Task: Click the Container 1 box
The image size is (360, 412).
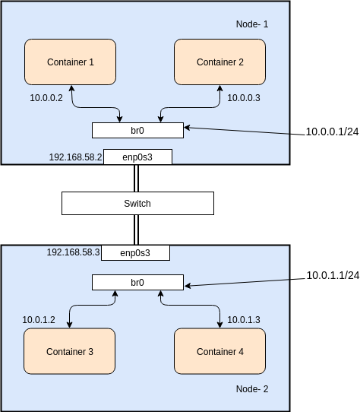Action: (70, 62)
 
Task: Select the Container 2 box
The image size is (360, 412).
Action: (220, 62)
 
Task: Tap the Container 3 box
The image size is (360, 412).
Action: (70, 351)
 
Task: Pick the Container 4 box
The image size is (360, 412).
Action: (220, 351)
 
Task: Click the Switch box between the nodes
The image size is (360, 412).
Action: (137, 203)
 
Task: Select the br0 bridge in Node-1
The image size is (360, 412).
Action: (137, 131)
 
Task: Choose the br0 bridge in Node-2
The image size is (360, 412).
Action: (137, 282)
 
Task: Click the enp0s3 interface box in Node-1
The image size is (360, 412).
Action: (137, 157)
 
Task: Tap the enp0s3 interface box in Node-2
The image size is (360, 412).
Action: (135, 252)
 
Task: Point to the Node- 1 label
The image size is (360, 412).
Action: (252, 25)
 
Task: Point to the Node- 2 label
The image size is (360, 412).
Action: (252, 388)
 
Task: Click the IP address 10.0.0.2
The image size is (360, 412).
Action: (46, 98)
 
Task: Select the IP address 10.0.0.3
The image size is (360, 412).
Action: (244, 98)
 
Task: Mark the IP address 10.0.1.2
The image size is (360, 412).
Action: (39, 319)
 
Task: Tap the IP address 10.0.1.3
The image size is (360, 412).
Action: (244, 319)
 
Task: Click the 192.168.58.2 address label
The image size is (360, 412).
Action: (74, 157)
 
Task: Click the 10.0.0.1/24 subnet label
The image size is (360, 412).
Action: (332, 132)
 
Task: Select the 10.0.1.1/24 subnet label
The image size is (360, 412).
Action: (332, 275)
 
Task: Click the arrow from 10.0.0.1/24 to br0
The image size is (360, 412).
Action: (243, 132)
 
